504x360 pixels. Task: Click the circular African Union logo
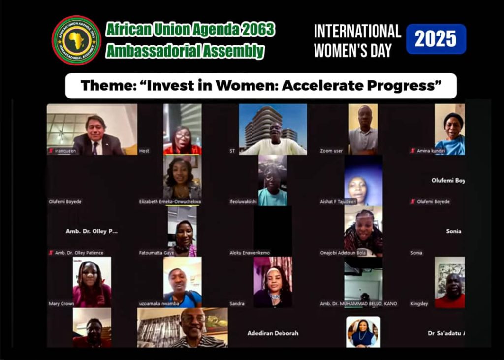76,40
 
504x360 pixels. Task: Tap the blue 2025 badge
436,39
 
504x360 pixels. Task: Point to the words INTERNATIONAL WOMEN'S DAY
357,40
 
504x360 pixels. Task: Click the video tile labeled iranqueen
92,130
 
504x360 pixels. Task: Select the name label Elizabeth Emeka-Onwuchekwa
170,201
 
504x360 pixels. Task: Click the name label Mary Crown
61,304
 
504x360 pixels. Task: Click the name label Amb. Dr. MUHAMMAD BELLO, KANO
358,304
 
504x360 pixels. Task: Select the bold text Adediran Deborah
273,333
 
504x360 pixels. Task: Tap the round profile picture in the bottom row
363,332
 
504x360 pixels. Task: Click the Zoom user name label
331,151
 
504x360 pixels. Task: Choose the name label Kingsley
419,304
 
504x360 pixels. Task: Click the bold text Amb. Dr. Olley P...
92,231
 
